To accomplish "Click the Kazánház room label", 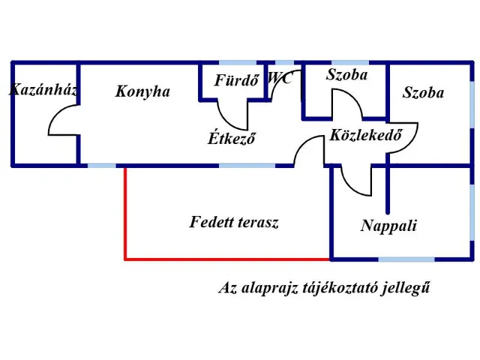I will pyautogui.click(x=43, y=90).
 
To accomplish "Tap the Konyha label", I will pyautogui.click(x=142, y=91).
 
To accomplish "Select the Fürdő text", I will pyautogui.click(x=236, y=80).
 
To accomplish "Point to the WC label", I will pyautogui.click(x=280, y=77).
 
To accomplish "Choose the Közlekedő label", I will pyautogui.click(x=362, y=136).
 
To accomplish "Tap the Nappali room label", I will pyautogui.click(x=388, y=226).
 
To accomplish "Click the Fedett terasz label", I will pyautogui.click(x=234, y=222).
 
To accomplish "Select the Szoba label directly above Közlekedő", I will pyautogui.click(x=346, y=74).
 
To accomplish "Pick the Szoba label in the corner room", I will pyautogui.click(x=423, y=93).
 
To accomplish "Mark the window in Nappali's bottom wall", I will pyautogui.click(x=406, y=259).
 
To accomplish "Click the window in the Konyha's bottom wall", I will pyautogui.click(x=100, y=165).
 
